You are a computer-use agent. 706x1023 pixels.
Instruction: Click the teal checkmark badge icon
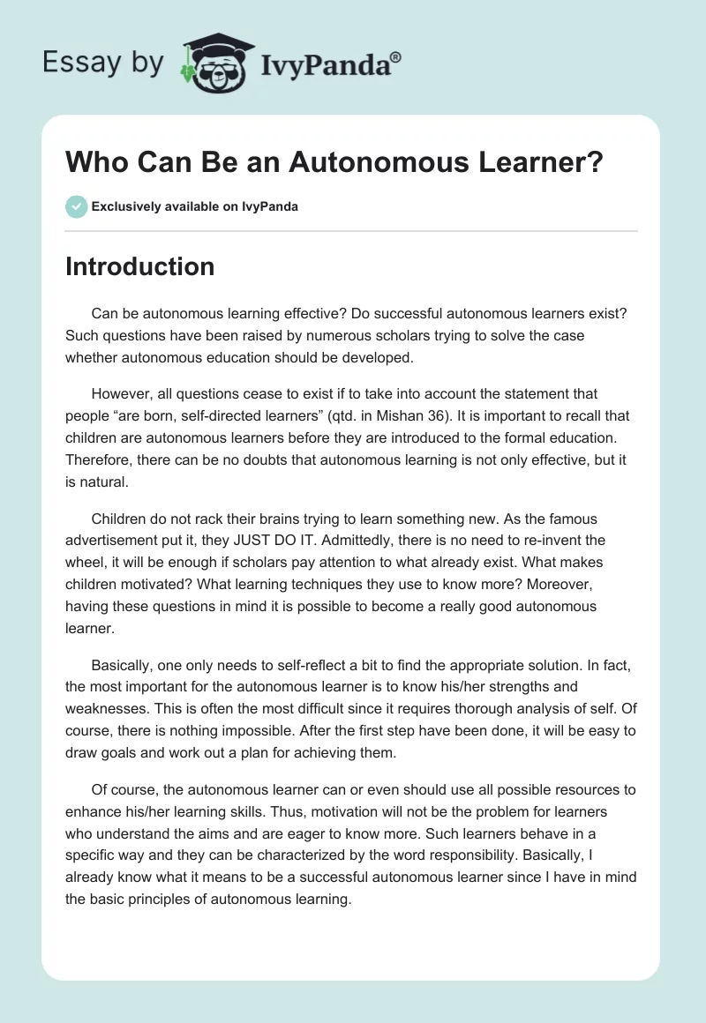click(76, 206)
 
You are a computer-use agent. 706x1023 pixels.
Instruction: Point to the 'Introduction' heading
click(139, 266)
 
